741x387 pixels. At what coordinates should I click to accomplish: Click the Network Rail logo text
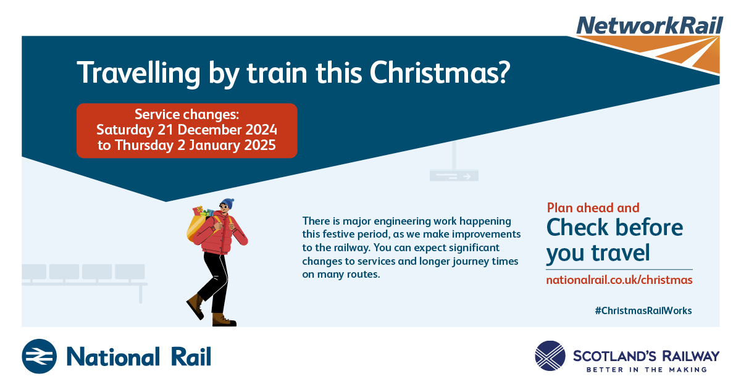650,25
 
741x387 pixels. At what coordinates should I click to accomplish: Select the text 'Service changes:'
186,114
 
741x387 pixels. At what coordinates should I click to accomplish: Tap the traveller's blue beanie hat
228,203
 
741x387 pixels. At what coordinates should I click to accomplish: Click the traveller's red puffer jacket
220,234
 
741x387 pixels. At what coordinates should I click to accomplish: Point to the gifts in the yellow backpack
203,212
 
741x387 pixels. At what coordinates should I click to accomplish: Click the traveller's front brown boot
224,320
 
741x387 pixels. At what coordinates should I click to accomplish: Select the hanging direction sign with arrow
454,176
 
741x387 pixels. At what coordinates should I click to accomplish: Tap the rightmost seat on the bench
130,272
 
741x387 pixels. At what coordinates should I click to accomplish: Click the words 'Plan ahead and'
593,208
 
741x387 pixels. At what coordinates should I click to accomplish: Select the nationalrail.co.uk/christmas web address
619,280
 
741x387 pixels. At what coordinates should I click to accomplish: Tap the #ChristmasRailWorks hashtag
643,310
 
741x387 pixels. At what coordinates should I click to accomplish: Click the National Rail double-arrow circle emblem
39,356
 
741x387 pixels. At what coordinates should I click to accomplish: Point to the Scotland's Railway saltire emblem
550,356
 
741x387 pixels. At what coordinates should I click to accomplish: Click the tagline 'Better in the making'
647,370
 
